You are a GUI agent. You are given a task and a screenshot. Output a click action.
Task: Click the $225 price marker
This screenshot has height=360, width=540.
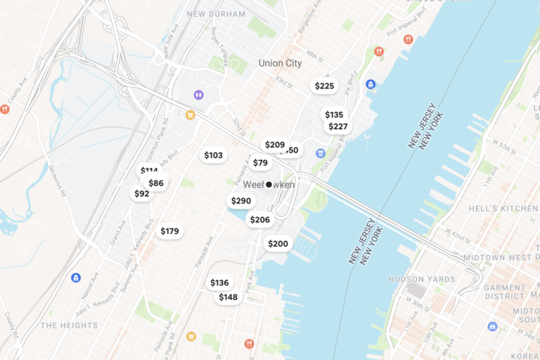pyautogui.click(x=324, y=86)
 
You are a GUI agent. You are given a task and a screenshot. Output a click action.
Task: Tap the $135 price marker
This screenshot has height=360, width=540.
pyautogui.click(x=334, y=115)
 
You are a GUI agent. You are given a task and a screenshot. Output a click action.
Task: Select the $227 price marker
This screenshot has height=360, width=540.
pyautogui.click(x=338, y=127)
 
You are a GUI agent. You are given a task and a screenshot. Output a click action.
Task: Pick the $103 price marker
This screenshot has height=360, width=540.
pyautogui.click(x=213, y=155)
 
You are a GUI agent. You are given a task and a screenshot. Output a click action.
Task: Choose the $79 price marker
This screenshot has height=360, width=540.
pyautogui.click(x=260, y=162)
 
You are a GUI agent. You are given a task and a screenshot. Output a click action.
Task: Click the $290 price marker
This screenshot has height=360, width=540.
pyautogui.click(x=240, y=200)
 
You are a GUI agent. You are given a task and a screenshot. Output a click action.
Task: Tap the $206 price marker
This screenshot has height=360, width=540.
pyautogui.click(x=259, y=219)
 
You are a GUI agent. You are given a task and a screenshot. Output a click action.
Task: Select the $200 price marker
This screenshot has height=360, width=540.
pyautogui.click(x=278, y=243)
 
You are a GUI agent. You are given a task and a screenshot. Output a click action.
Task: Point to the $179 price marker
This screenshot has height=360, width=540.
pyautogui.click(x=169, y=231)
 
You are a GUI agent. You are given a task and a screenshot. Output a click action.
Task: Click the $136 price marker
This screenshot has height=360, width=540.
pyautogui.click(x=219, y=283)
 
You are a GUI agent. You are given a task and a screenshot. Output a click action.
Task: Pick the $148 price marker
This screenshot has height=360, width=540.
pyautogui.click(x=228, y=297)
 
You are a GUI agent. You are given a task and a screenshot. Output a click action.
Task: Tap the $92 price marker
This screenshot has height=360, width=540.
pyautogui.click(x=141, y=193)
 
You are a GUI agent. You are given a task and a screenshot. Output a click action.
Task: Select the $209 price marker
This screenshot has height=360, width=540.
pyautogui.click(x=274, y=145)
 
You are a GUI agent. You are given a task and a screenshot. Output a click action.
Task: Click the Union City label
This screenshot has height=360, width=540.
pyautogui.click(x=280, y=63)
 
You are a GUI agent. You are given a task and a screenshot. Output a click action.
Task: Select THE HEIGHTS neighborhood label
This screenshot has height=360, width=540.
pyautogui.click(x=69, y=326)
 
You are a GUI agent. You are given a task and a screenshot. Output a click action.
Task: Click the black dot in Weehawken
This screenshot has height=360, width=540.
pyautogui.click(x=269, y=184)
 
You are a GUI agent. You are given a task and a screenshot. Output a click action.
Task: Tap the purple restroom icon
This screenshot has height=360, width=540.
pyautogui.click(x=199, y=94)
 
